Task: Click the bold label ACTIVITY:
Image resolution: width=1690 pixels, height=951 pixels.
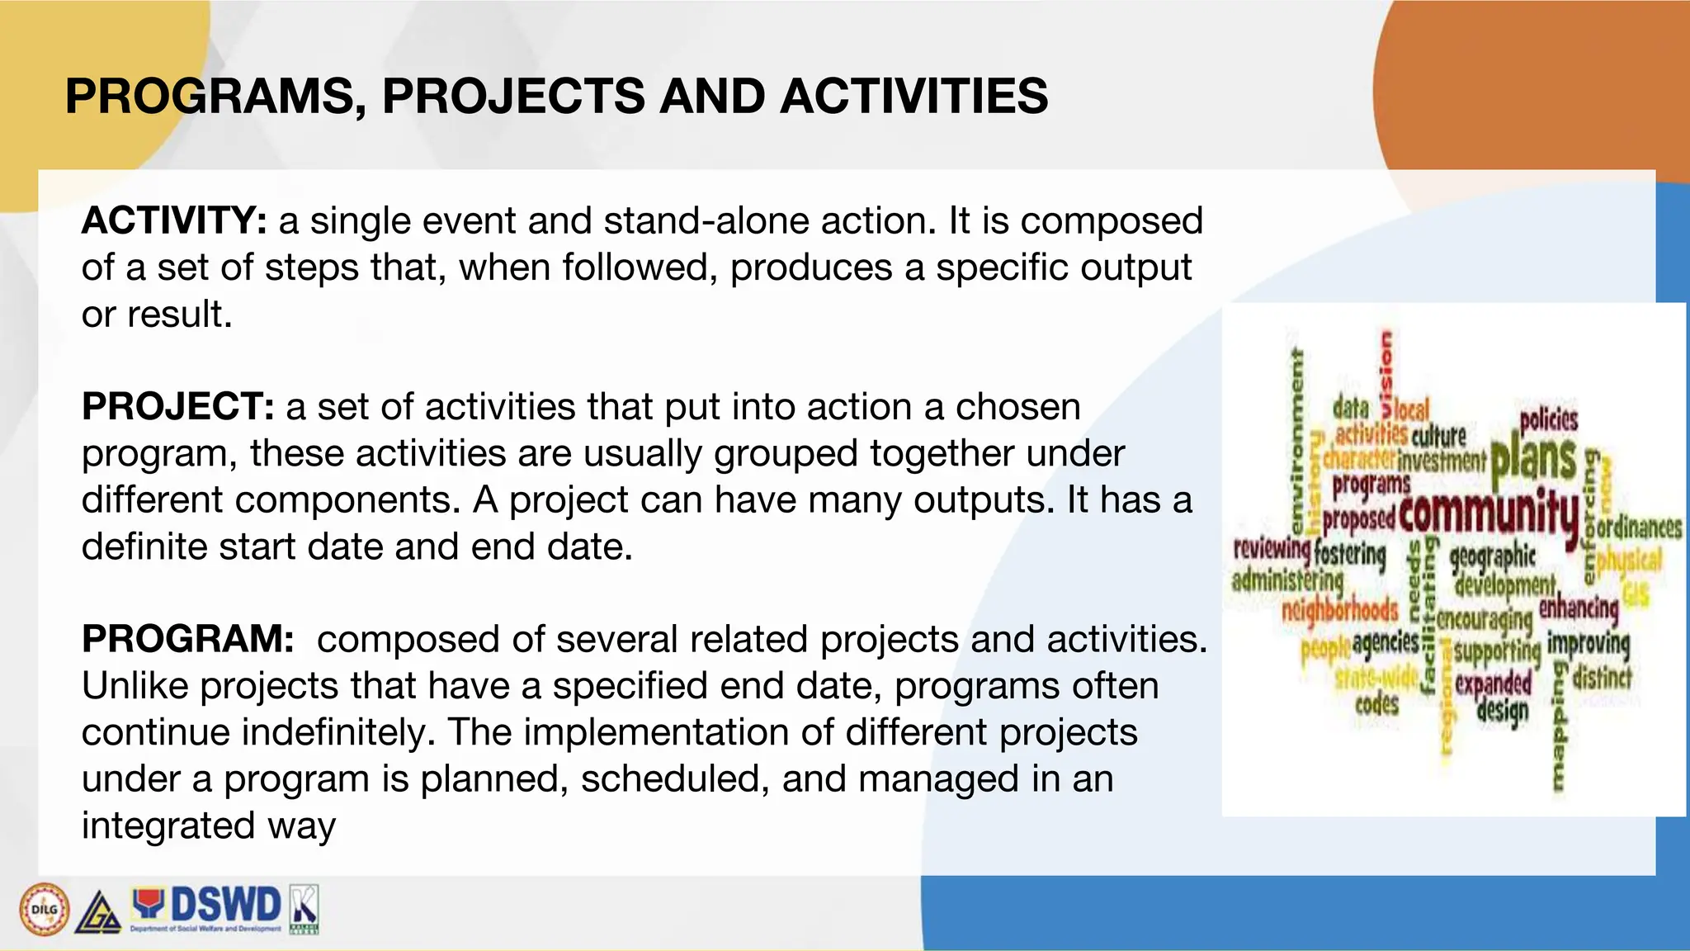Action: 174,221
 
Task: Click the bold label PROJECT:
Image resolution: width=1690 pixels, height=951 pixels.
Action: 177,407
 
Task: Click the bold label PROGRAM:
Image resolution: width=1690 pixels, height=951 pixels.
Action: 187,640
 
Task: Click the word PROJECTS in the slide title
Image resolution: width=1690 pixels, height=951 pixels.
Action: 512,96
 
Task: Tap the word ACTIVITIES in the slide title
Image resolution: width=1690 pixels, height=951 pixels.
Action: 913,96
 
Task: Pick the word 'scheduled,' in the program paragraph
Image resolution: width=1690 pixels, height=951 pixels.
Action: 675,779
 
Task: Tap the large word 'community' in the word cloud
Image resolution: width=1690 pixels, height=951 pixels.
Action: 1489,512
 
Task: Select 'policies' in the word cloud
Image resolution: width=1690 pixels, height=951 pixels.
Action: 1549,419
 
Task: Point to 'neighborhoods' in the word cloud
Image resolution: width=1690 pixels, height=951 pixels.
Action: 1339,611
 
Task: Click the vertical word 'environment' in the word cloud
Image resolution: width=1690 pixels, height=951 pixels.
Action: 1297,442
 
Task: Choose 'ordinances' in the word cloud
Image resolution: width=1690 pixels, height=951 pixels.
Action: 1639,527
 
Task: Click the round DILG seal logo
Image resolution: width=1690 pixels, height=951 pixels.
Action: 44,910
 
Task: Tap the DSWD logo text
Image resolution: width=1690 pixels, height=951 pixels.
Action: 224,905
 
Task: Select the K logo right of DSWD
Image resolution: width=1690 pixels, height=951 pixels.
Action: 304,908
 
